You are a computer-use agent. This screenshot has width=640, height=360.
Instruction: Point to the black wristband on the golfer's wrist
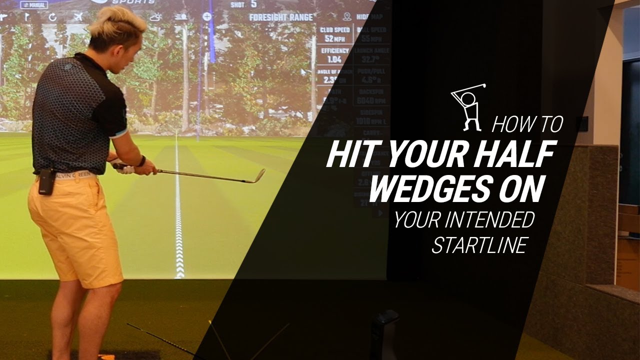tap(142, 161)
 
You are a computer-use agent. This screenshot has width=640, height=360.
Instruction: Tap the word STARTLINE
tap(479, 245)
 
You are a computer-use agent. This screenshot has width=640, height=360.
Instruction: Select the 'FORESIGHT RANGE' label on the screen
tap(281, 17)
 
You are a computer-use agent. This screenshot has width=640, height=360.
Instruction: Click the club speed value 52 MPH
tap(334, 38)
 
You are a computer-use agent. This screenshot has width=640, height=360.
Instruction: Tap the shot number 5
tap(253, 4)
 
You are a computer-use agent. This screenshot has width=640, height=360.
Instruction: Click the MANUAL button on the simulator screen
tap(33, 5)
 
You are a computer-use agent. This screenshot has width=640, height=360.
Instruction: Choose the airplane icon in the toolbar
tap(77, 17)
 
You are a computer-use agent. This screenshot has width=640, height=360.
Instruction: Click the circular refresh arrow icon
tap(52, 17)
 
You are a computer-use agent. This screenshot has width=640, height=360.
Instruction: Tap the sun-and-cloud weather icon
tap(155, 17)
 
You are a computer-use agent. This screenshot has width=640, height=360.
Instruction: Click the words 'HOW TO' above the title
tap(527, 125)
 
